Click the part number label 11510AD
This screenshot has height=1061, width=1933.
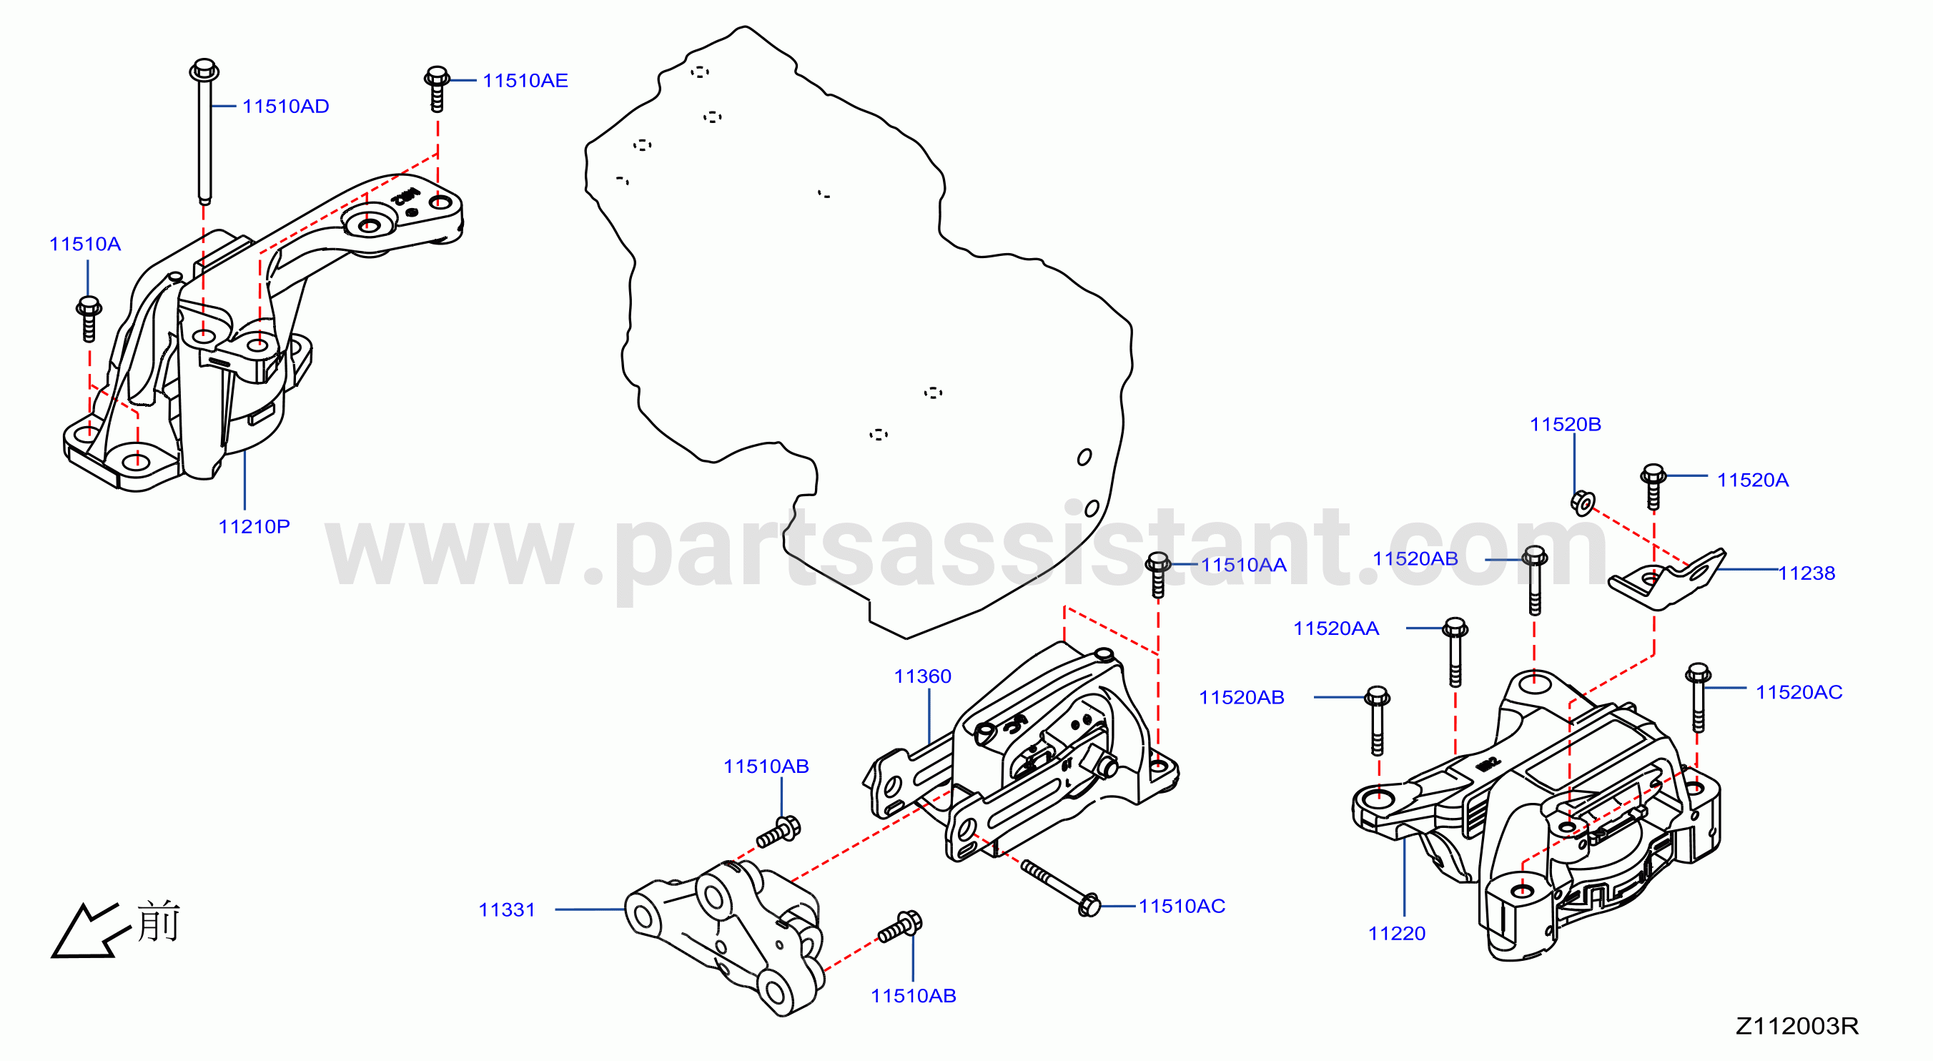(x=285, y=106)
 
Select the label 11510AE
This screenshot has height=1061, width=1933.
(x=525, y=80)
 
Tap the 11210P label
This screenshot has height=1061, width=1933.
(x=254, y=526)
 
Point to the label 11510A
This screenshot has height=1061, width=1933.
(x=85, y=244)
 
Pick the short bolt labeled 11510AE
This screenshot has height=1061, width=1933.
(x=437, y=89)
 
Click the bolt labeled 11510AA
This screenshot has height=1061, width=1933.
(x=1158, y=575)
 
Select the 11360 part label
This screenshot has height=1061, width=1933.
(x=922, y=676)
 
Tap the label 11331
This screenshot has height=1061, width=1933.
(x=508, y=909)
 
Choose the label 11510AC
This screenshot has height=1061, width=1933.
(x=1182, y=906)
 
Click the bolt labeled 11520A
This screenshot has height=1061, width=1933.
(x=1653, y=487)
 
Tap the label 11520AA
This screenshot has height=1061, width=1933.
(x=1335, y=628)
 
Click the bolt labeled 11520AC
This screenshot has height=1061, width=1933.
(x=1698, y=697)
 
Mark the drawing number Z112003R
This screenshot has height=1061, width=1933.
(x=1797, y=1026)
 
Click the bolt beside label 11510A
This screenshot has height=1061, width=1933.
(x=89, y=319)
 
